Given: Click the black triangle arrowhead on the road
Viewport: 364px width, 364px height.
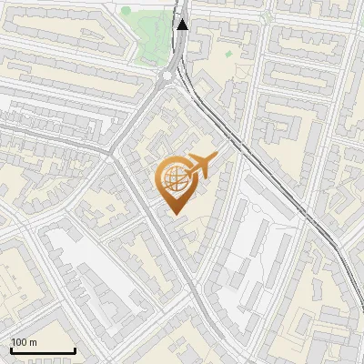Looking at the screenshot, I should (x=183, y=25).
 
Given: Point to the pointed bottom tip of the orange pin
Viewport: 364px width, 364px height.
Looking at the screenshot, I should (x=175, y=215).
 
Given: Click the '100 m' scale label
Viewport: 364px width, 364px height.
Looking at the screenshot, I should (x=24, y=342).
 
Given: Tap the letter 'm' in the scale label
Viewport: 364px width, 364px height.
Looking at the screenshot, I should (x=33, y=342).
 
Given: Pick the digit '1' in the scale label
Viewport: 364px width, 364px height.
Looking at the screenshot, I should (x=14, y=342).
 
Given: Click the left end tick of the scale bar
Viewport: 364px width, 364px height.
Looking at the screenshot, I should (x=10, y=349).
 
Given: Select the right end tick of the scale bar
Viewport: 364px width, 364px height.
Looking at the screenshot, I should (x=75, y=349).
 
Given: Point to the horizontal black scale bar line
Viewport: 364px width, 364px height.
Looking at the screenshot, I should (x=42, y=351).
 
